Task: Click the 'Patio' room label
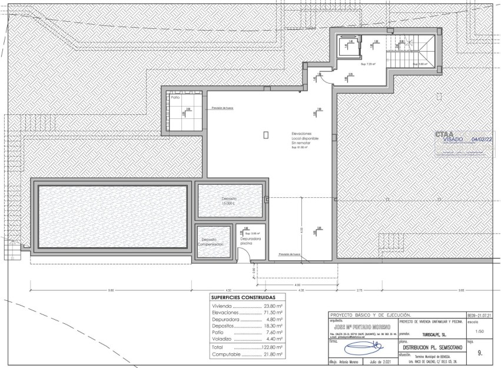175,97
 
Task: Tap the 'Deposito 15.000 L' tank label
230,201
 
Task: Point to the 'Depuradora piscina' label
250,241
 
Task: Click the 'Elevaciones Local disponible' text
305,138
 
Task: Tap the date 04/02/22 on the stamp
482,140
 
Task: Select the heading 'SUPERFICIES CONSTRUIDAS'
247,297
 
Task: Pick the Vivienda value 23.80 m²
273,307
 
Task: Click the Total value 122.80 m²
272,348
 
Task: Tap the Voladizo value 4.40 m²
273,339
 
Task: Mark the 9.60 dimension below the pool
111,290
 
